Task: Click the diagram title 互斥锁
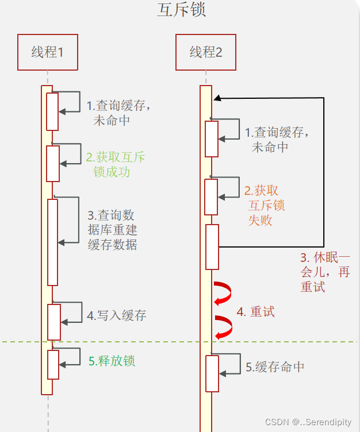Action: (x=181, y=11)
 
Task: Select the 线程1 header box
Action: (x=47, y=52)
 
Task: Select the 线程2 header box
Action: (x=206, y=52)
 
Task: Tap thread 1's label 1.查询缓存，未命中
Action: (x=118, y=113)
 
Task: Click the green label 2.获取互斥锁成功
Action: (x=115, y=164)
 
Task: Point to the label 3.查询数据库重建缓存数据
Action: (x=112, y=230)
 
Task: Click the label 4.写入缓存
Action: (x=116, y=315)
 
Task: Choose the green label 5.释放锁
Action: (x=112, y=361)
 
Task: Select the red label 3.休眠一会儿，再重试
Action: (x=325, y=272)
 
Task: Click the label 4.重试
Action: (x=255, y=312)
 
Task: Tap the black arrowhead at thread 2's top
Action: (x=217, y=98)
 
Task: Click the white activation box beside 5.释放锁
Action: (x=53, y=365)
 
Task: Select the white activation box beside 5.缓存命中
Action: (x=212, y=373)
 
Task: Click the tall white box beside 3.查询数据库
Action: (x=53, y=242)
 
